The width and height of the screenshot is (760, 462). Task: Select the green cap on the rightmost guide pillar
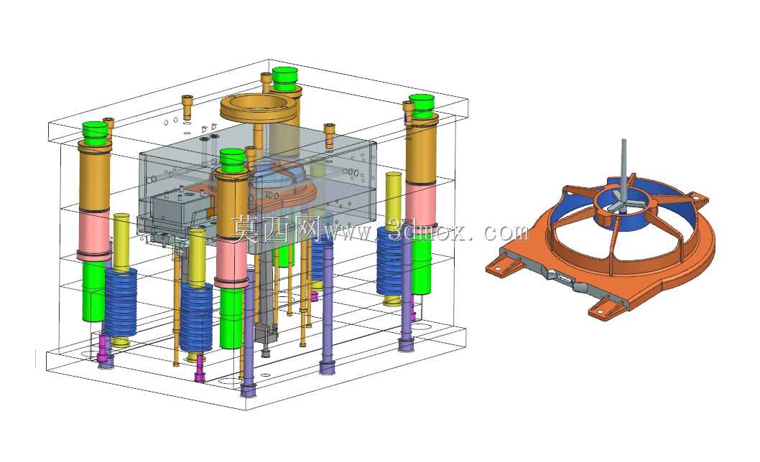pos(421,106)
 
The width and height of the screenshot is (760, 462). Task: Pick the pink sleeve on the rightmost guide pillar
pos(420,205)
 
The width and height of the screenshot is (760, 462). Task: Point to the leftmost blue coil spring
pos(120,303)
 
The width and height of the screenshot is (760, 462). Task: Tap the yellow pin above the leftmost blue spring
pos(121,242)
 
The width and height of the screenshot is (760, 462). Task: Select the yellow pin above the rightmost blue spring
pos(394,201)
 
